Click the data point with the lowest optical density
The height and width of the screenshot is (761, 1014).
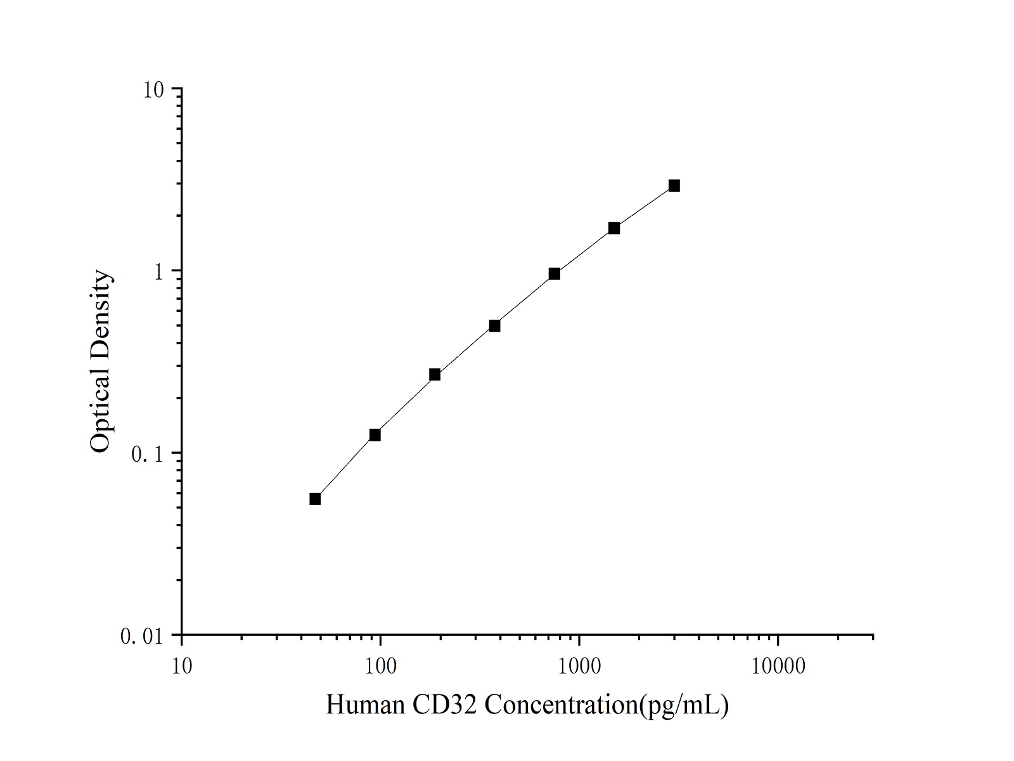coord(315,498)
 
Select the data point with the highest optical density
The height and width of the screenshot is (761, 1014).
coord(674,186)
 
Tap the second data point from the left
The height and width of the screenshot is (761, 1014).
coord(375,434)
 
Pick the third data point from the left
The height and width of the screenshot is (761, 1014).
coord(435,374)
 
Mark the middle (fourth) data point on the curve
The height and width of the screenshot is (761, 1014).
coord(494,326)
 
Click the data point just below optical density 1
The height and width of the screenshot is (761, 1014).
coord(554,274)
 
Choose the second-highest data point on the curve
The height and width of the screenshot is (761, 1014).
coord(614,228)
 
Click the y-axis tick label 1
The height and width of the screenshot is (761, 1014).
coord(160,271)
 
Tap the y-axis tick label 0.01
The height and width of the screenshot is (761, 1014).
coord(141,636)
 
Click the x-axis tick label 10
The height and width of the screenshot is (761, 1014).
coord(182,667)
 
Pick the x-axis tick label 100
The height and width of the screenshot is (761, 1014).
coord(380,667)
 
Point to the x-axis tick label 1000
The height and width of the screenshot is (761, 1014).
coord(579,667)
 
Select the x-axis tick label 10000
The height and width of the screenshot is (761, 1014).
coord(778,667)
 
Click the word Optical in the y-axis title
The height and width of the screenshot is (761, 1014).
coord(100,410)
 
